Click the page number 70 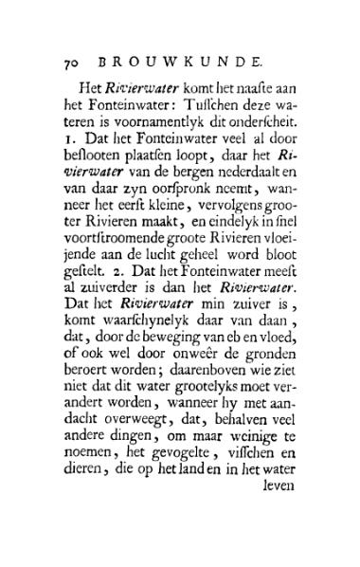[x=72, y=64]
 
